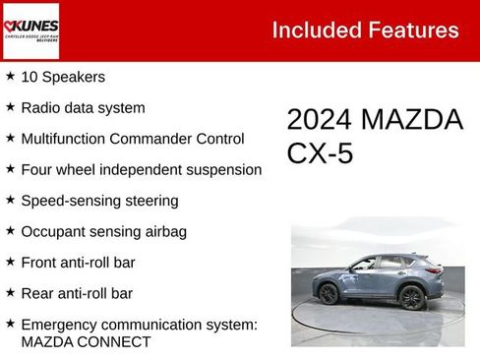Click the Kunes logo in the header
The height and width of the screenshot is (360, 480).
tap(30, 30)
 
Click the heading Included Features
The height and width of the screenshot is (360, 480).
tap(365, 30)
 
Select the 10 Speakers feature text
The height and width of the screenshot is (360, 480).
tap(63, 77)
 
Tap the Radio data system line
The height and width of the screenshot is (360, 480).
tap(83, 107)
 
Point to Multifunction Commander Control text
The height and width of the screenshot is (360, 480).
tap(131, 139)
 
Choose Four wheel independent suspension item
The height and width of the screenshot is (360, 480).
tap(141, 169)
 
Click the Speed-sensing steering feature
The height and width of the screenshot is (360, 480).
tap(99, 201)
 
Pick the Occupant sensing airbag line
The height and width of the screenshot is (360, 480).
tap(103, 232)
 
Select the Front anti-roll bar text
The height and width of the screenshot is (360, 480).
tap(78, 263)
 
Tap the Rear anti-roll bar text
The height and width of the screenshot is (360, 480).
tap(77, 293)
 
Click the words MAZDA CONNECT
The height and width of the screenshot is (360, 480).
tap(86, 342)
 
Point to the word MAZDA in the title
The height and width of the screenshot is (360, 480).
tap(412, 120)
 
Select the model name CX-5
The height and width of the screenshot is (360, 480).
tap(321, 154)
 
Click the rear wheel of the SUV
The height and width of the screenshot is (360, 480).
tap(411, 298)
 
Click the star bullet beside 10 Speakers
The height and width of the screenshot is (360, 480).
tap(10, 76)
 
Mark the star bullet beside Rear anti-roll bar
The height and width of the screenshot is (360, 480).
tap(10, 292)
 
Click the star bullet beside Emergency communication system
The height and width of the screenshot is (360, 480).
tap(10, 324)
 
